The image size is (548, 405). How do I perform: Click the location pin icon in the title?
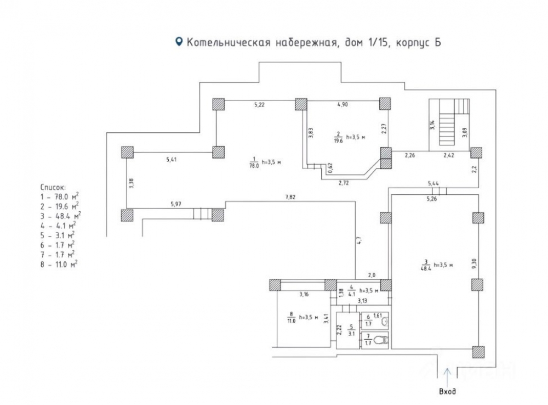(x=178, y=42)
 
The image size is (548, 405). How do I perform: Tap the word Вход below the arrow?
(x=447, y=392)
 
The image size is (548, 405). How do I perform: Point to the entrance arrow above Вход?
(x=447, y=376)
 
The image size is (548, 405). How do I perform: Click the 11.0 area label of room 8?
(x=292, y=320)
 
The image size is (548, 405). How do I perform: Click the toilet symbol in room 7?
(x=384, y=340)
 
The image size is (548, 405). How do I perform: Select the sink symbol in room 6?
(x=385, y=322)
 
